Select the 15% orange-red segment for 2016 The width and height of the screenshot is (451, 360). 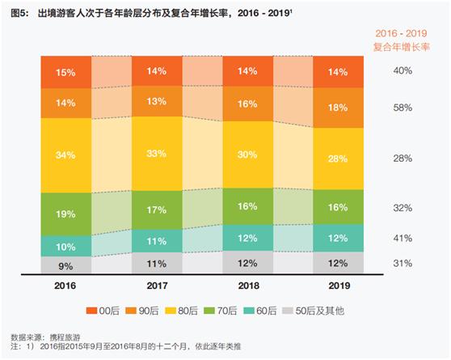[x=65, y=72]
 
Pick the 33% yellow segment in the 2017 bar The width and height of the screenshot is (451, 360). [x=157, y=154]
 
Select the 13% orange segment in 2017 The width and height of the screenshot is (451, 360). [x=157, y=101]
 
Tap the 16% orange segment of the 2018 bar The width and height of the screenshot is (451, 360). [x=248, y=104]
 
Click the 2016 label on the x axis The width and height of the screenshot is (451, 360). [x=65, y=286]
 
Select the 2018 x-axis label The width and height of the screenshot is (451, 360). [x=248, y=286]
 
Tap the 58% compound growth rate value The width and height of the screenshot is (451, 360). [x=403, y=107]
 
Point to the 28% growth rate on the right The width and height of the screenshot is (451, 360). [x=403, y=159]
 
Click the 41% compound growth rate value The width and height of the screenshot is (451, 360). [x=403, y=239]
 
